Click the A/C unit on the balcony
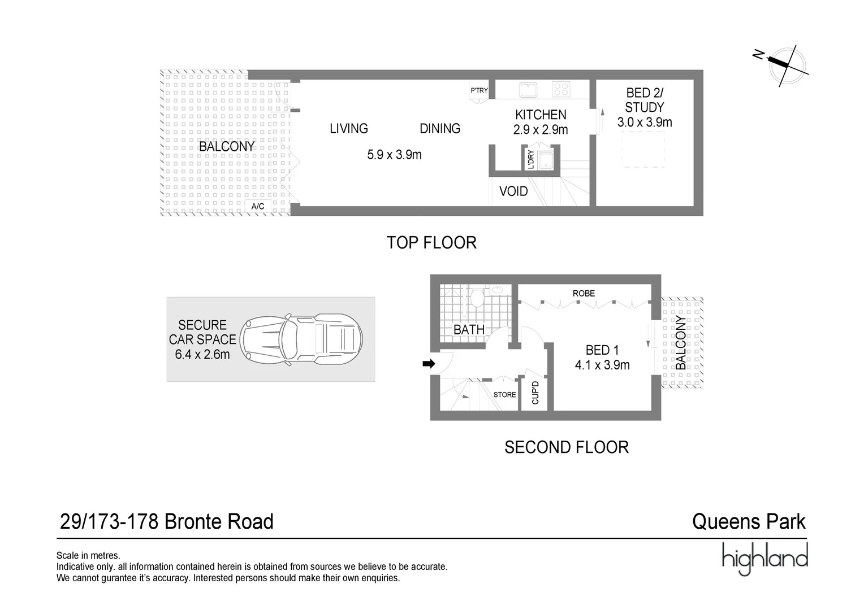pyautogui.click(x=258, y=207)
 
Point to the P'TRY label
pyautogui.click(x=479, y=90)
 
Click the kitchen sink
pyautogui.click(x=528, y=89)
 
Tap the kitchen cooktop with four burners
pyautogui.click(x=561, y=89)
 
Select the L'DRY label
pyautogui.click(x=530, y=159)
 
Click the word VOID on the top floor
pyautogui.click(x=513, y=191)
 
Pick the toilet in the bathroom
pyautogui.click(x=477, y=297)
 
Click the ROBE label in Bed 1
pyautogui.click(x=584, y=293)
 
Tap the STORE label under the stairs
pyautogui.click(x=504, y=395)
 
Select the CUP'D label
pyautogui.click(x=535, y=393)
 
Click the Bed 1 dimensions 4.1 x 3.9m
pyautogui.click(x=602, y=365)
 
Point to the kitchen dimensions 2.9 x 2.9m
pyautogui.click(x=541, y=130)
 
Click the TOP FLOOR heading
pyautogui.click(x=431, y=243)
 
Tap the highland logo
pyautogui.click(x=764, y=559)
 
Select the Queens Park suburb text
pyautogui.click(x=749, y=521)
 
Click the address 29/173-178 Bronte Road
pyautogui.click(x=167, y=521)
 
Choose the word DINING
pyautogui.click(x=440, y=129)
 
